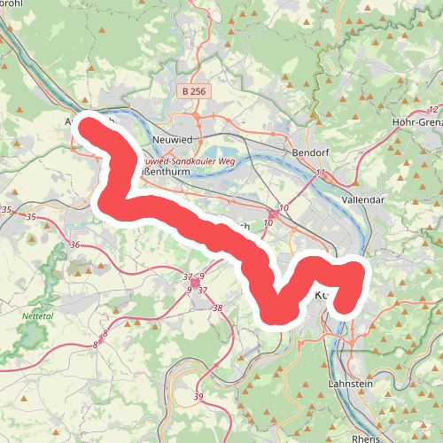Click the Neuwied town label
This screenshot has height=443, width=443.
tap(172, 140)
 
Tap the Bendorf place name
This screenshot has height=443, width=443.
tap(310, 152)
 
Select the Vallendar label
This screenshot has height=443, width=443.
tap(367, 200)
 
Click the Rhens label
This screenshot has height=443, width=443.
tap(365, 437)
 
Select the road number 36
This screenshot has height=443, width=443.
tap(75, 245)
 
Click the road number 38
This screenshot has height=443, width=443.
tap(217, 307)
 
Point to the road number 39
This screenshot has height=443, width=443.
tap(198, 396)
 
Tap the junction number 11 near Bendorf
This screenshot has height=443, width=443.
tap(320, 172)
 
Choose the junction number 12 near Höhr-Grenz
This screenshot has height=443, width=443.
tap(431, 107)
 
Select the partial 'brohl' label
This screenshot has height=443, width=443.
tap(12, 3)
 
